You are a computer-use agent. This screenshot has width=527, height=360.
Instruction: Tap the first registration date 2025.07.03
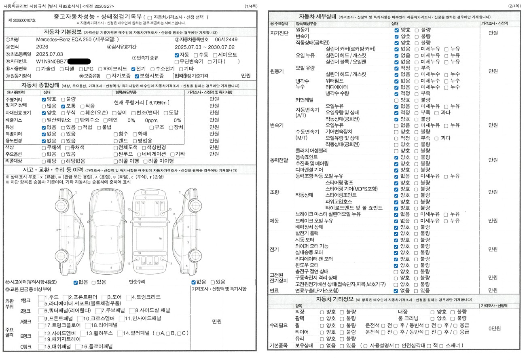point(50,54)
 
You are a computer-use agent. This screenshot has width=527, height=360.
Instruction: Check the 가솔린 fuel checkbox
point(38,69)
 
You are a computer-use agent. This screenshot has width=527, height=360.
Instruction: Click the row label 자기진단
point(279,33)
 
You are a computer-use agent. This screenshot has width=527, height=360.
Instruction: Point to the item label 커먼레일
point(305,100)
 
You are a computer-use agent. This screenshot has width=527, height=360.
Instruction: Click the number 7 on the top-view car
point(111,239)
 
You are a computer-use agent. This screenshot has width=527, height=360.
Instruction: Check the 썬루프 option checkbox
point(116,154)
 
